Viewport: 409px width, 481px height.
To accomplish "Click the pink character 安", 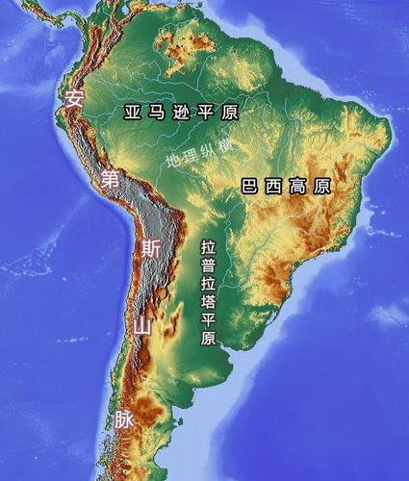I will click(72, 99).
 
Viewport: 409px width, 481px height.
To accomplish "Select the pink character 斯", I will click(151, 248).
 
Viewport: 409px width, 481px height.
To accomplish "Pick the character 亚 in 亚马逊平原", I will click(133, 113).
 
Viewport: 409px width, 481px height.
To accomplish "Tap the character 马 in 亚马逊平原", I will click(156, 113).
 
